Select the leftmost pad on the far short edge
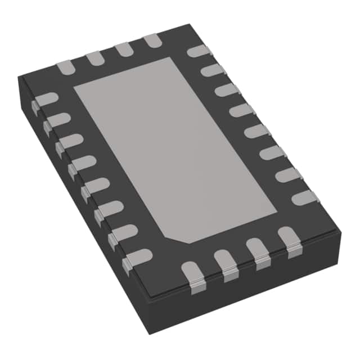pyautogui.click(x=66, y=66)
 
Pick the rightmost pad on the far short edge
pyautogui.click(x=152, y=40)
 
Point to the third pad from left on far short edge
pyautogui.click(x=123, y=49)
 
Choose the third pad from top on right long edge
pyautogui.click(x=227, y=90)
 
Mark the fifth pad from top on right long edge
pyautogui.click(x=256, y=130)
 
